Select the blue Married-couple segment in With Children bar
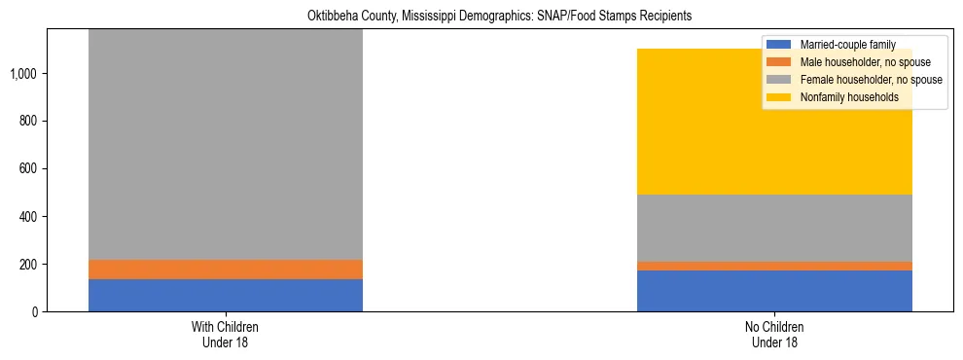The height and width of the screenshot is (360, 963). [225, 296]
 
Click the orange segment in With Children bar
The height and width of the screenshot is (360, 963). [225, 270]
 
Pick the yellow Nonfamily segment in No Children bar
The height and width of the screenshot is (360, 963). [774, 122]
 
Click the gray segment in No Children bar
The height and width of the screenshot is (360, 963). [774, 228]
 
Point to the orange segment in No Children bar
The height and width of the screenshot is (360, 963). [774, 266]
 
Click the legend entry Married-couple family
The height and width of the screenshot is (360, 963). [846, 45]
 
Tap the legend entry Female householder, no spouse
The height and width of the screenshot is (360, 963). [870, 80]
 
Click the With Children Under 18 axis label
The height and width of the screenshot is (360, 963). [225, 335]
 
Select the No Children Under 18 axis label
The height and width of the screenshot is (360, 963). [774, 335]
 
